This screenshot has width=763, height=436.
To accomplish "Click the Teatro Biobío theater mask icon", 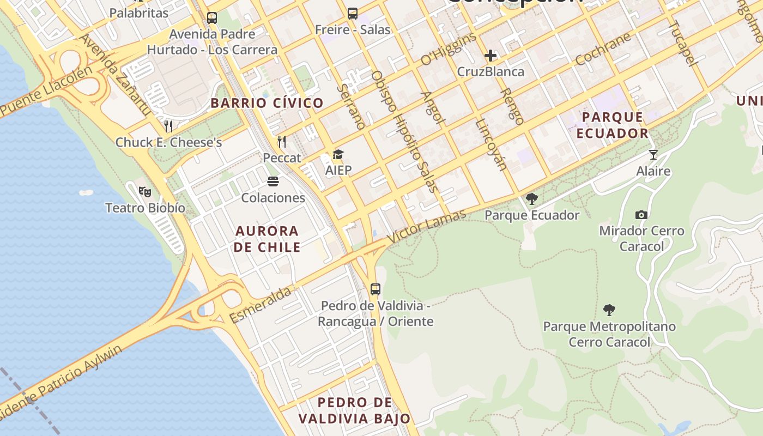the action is [144, 191].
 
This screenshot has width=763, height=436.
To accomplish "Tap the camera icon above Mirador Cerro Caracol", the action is [641, 215].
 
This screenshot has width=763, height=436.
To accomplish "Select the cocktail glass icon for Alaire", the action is [653, 155].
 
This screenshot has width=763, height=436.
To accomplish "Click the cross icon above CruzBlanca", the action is [491, 55].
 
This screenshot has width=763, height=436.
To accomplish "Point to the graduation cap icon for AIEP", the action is [338, 154].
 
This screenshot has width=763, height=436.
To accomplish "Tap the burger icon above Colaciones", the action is [273, 181].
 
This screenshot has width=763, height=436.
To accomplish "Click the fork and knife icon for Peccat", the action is [282, 142].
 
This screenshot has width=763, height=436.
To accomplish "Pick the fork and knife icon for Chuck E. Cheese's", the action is [168, 126].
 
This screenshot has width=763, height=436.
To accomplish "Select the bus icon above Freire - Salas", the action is [353, 13].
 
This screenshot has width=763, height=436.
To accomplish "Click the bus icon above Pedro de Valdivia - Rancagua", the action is [376, 289].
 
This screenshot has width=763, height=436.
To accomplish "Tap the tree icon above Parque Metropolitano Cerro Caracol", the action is [609, 310].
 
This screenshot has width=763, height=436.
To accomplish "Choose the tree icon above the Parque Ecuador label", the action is [531, 199].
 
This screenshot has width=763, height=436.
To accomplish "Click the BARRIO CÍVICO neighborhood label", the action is [267, 103].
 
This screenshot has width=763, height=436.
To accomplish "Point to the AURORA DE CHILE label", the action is [268, 239].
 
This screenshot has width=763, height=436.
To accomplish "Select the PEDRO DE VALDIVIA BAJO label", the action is [354, 410].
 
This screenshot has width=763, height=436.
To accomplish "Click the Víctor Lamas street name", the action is [426, 225].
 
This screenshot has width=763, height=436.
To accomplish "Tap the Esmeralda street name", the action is [261, 305].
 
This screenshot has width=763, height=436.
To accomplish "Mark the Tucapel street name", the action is [683, 43].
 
